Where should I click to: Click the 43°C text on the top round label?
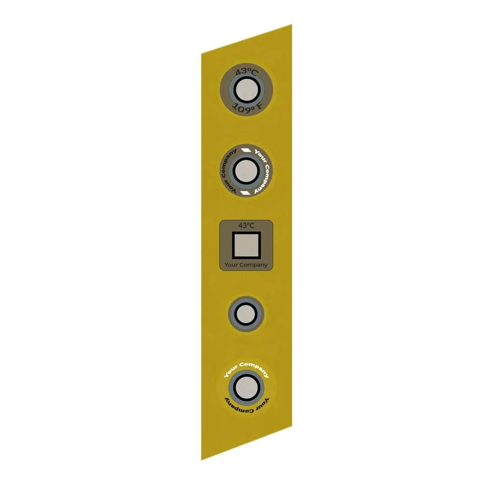[x=246, y=72]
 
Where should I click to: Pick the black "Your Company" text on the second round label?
[x=227, y=171]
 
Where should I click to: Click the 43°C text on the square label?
[x=246, y=225]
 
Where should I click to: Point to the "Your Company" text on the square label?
[x=246, y=265]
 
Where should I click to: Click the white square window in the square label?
[x=246, y=245]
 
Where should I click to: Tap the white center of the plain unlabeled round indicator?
[x=246, y=314]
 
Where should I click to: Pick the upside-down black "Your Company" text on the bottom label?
[x=247, y=406]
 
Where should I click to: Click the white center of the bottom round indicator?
[x=246, y=386]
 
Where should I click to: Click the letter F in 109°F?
[x=259, y=106]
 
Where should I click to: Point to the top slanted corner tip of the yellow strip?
[x=291, y=25]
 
